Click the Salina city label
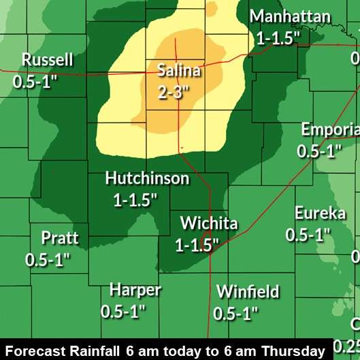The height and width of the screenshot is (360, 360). pyautogui.click(x=179, y=69)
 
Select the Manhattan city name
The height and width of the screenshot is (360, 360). pyautogui.click(x=290, y=17)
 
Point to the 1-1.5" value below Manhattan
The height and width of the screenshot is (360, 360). pyautogui.click(x=278, y=38)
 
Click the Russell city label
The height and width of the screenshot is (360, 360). pyautogui.click(x=47, y=60)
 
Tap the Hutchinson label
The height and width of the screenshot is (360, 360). pyautogui.click(x=147, y=178)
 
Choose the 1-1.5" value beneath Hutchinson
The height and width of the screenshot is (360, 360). pyautogui.click(x=135, y=199)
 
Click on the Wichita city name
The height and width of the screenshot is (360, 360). pyautogui.click(x=209, y=224)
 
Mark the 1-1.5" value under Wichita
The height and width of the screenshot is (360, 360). pyautogui.click(x=198, y=245)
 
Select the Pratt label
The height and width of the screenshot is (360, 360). pyautogui.click(x=60, y=238)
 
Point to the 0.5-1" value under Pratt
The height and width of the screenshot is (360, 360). pyautogui.click(x=48, y=259)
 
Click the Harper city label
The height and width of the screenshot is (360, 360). pyautogui.click(x=135, y=291)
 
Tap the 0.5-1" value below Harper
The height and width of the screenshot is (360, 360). pyautogui.click(x=124, y=312)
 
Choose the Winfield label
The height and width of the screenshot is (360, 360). pyautogui.click(x=248, y=292)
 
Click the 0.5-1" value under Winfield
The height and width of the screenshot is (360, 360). pyautogui.click(x=236, y=313)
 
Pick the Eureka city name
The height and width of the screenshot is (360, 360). pyautogui.click(x=320, y=214)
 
